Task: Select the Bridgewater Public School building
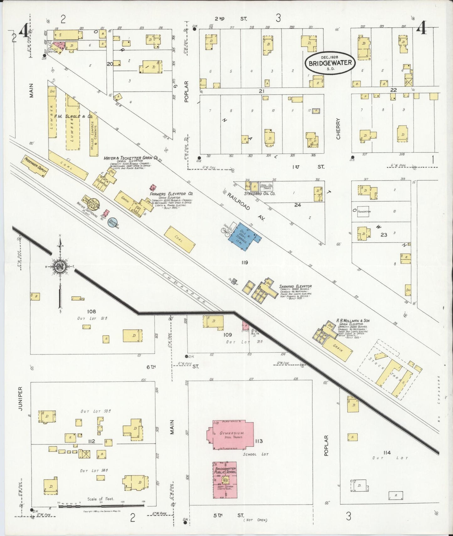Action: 225,480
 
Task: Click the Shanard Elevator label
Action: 295,286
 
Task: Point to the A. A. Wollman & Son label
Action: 353,321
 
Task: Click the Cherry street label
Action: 338,129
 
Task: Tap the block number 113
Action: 259,441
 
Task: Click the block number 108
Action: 92,312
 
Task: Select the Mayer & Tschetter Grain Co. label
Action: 131,158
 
